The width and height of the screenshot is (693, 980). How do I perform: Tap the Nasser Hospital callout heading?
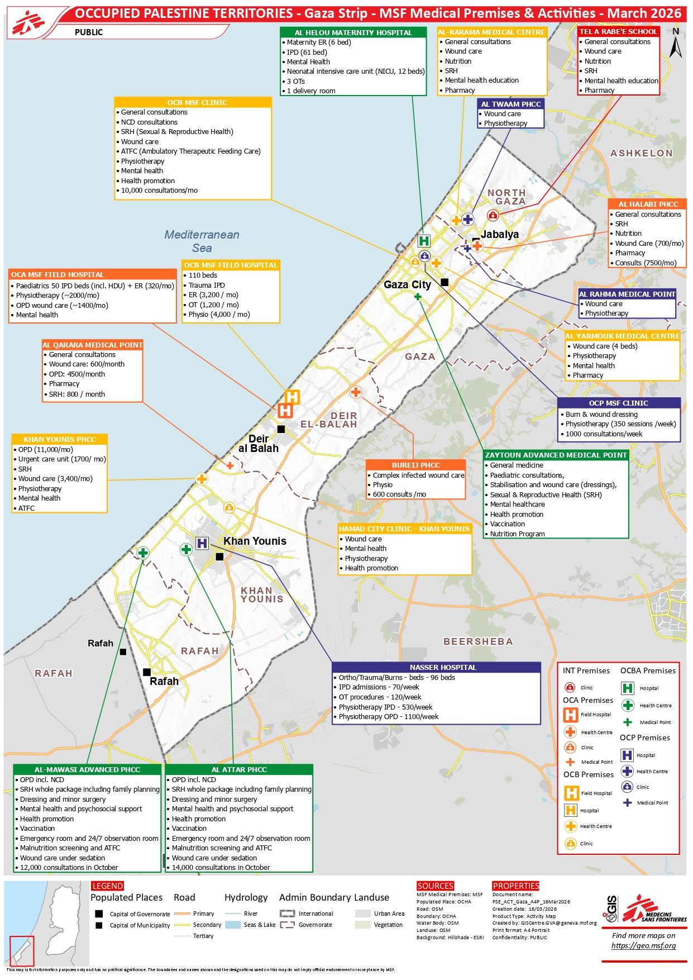pos(436,667)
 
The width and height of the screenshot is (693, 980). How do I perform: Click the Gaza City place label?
pos(407,285)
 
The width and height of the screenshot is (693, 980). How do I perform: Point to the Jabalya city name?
pos(500,235)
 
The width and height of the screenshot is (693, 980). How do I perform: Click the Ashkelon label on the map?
pos(641,153)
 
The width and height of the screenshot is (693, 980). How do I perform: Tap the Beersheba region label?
pos(477,641)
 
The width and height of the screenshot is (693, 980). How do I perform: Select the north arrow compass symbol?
pos(675,44)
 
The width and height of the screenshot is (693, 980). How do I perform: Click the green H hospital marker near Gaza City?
pos(424,241)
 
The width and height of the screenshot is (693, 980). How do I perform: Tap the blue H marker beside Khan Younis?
pos(202,543)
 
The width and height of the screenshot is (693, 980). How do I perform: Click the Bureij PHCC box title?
pos(415,465)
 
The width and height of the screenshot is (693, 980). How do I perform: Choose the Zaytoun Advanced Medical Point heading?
pos(556,455)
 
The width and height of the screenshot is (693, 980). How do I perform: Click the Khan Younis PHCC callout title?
pos(60,439)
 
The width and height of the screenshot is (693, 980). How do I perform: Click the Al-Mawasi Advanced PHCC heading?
pos(87,769)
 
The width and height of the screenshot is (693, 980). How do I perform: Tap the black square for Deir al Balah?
pos(281,429)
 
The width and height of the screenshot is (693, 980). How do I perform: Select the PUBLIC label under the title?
pos(89,32)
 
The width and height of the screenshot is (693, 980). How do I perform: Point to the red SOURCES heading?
pos(435,886)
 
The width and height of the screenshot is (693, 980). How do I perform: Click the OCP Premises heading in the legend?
pos(644,738)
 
